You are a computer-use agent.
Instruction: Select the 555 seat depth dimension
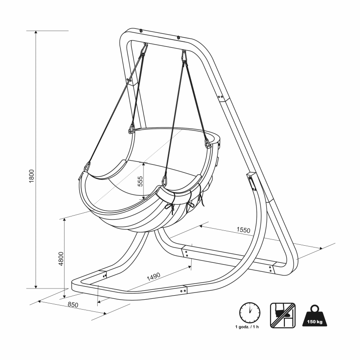140,181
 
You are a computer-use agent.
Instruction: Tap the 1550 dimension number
243,230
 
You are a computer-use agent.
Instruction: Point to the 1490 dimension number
155,275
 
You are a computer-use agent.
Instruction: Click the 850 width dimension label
73,305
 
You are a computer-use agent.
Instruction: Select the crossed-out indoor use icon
282,315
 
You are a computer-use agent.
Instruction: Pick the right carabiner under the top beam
184,56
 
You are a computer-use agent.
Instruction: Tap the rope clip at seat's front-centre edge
165,180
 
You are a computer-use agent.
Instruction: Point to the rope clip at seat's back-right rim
208,144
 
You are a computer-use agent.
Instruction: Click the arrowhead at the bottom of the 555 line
143,198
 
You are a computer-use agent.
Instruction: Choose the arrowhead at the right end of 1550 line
320,248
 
